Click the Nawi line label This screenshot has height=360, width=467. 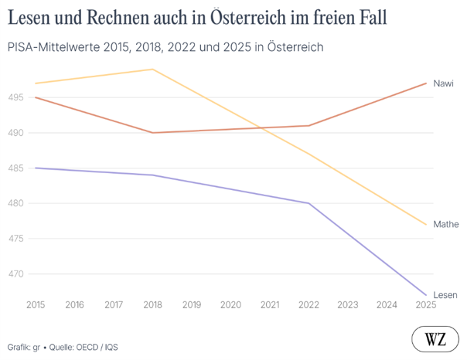pyautogui.click(x=443, y=83)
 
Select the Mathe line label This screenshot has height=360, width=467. pyautogui.click(x=446, y=224)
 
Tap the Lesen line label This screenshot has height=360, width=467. pyautogui.click(x=445, y=295)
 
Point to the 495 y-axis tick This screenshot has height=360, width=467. pyautogui.click(x=15, y=97)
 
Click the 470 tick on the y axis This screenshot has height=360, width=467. pyautogui.click(x=15, y=273)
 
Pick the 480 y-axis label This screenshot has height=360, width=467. pyautogui.click(x=15, y=203)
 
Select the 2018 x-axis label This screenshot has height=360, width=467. pyautogui.click(x=152, y=304)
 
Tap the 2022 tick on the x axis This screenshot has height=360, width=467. pyautogui.click(x=308, y=304)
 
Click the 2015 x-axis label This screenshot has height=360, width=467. pyautogui.click(x=36, y=304)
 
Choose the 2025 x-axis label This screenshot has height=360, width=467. pyautogui.click(x=426, y=304)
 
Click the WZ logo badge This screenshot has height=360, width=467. pyautogui.click(x=435, y=339)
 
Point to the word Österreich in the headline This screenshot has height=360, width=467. pyautogui.click(x=248, y=17)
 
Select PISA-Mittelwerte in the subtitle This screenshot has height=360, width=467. pyautogui.click(x=53, y=47)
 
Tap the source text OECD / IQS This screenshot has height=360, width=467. pyautogui.click(x=97, y=347)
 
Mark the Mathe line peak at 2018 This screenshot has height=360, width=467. pyautogui.click(x=152, y=70)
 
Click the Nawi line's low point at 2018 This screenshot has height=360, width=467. pyautogui.click(x=152, y=133)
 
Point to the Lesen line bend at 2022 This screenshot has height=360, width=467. pyautogui.click(x=308, y=203)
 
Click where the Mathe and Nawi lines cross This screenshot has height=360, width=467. pyautogui.click(x=261, y=128)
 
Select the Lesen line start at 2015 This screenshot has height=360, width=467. pyautogui.click(x=36, y=168)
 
